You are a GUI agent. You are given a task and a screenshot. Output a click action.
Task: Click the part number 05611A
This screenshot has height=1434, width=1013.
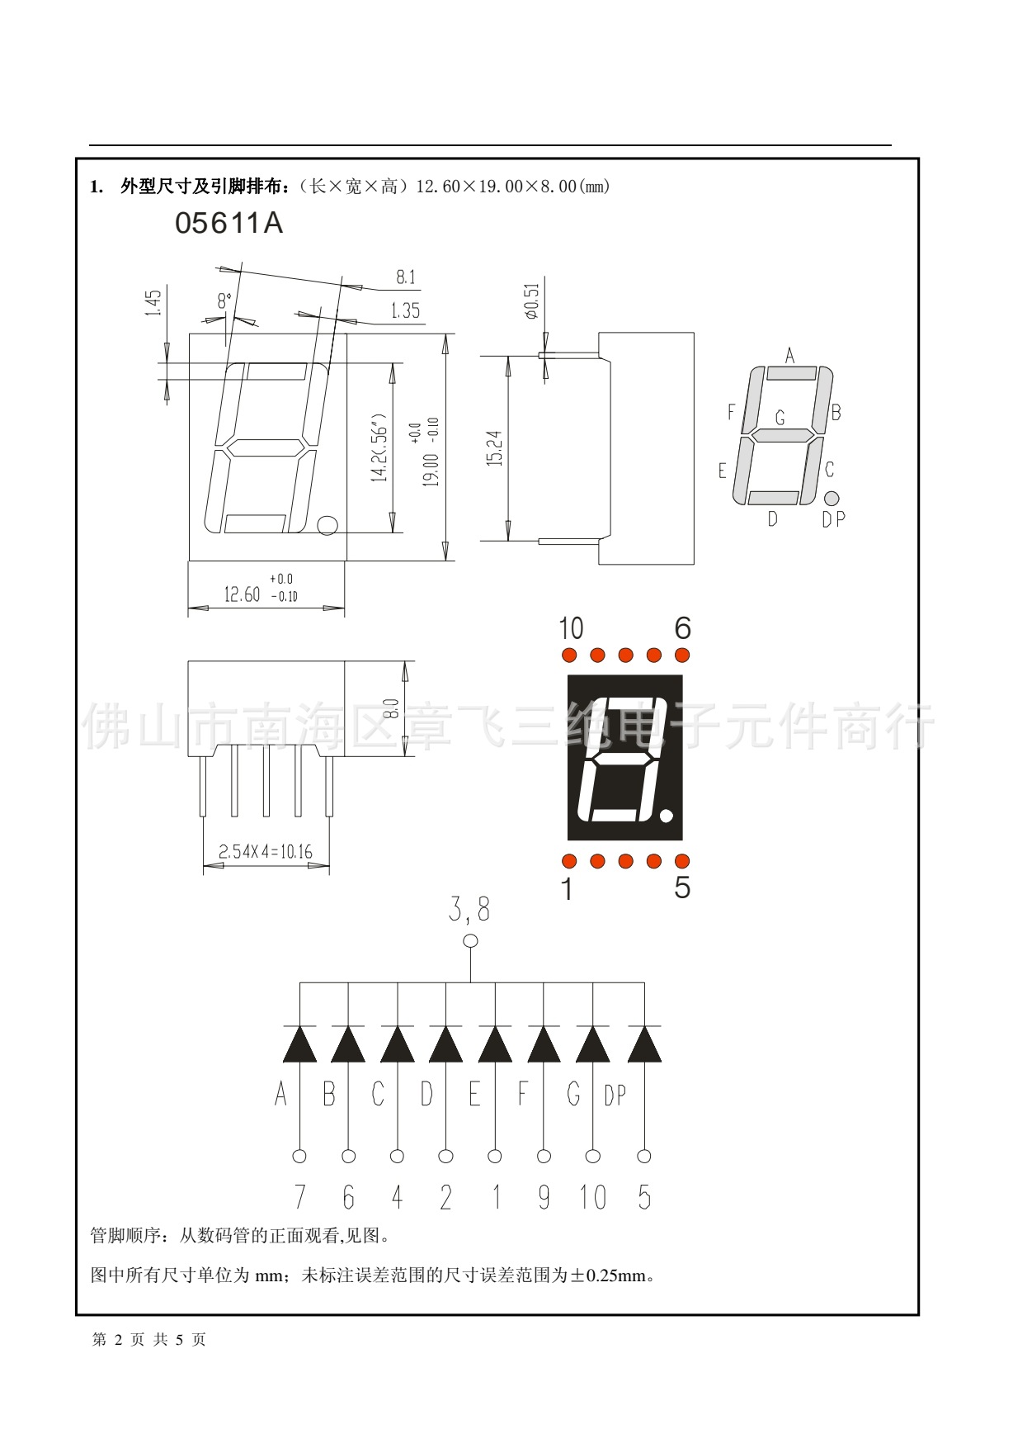pos(229,224)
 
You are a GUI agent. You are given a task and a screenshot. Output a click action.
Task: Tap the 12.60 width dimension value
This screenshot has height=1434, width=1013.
pos(242,594)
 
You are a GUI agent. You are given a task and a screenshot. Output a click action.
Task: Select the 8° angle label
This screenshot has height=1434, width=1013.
pos(224,301)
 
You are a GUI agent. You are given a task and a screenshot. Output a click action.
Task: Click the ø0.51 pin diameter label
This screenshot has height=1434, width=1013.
pos(532,301)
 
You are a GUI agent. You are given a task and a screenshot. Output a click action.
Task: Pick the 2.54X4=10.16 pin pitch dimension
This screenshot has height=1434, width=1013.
pos(266,852)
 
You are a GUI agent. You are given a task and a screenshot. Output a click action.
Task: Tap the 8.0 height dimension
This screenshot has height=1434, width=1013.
pos(392,708)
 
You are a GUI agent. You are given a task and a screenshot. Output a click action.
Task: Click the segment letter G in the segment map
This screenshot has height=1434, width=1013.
pos(780,418)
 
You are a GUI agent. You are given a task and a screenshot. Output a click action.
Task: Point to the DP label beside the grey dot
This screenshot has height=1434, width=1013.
pos(834,519)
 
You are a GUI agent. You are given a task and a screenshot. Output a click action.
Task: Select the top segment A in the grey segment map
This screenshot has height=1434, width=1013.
pos(791,373)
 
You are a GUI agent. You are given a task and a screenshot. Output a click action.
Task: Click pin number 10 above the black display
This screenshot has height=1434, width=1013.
pos(571,629)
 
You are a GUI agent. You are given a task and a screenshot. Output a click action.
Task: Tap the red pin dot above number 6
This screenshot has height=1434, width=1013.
pos(682,655)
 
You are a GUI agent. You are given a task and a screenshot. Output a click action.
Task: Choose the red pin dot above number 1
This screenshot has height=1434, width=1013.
pos(568,861)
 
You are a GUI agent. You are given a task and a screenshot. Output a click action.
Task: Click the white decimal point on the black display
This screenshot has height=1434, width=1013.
pos(667,816)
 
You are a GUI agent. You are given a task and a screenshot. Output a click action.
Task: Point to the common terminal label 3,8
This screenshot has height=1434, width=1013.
pos(469,910)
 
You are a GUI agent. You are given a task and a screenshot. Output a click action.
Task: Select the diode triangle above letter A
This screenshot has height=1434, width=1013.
pos(299,1044)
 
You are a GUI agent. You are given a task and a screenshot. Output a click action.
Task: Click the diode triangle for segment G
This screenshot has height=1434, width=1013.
pos(592,1044)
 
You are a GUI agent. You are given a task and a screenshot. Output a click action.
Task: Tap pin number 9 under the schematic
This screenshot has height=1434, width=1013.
pos(544,1197)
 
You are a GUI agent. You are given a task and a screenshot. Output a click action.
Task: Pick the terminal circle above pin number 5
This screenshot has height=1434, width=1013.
pos(644,1156)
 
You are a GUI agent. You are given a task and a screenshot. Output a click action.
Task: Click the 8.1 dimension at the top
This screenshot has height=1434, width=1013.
pos(406,277)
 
